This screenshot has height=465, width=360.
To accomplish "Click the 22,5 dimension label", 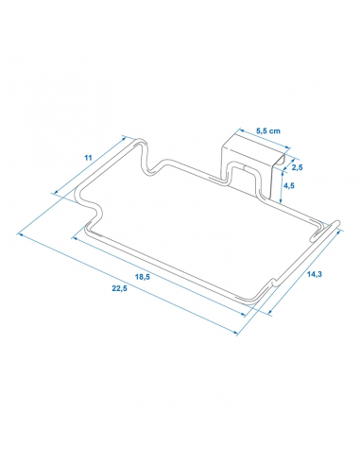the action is tap(120, 288).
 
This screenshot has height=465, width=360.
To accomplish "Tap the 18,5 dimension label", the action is tap(143, 277).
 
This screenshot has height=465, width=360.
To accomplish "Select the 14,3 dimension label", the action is tap(315, 274).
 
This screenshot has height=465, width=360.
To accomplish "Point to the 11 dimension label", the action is tap(88, 158).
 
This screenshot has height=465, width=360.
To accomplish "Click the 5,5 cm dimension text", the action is tap(268, 130).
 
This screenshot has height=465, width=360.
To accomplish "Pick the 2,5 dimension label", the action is tap(297, 167).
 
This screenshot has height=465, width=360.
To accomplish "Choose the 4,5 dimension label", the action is tap(289, 186).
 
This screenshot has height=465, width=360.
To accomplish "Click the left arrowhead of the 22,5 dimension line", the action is tap(20, 233).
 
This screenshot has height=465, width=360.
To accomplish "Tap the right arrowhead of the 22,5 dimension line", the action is tap(235, 333).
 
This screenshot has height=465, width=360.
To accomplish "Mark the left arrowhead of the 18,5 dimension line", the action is tap(75, 238).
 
